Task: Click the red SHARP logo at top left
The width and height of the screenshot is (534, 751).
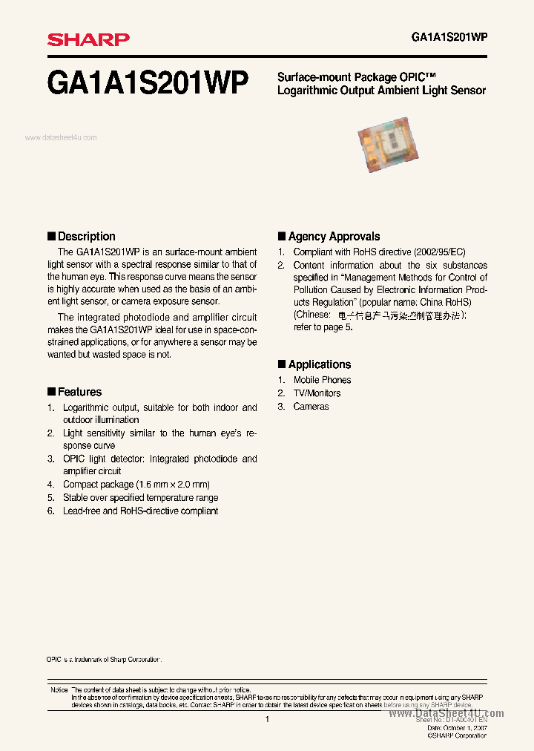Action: (88, 39)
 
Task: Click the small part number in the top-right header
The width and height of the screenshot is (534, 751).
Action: (448, 38)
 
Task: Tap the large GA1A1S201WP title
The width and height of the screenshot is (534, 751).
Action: (148, 82)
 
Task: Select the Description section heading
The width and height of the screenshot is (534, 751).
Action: (86, 236)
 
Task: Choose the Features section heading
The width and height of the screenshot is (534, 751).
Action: (79, 392)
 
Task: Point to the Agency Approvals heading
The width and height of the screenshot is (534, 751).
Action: (334, 236)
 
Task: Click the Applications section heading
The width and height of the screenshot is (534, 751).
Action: (320, 364)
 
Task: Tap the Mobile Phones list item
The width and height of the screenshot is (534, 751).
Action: (322, 380)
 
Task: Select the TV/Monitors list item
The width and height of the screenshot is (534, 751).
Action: (317, 393)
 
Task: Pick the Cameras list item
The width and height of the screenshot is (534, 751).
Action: (311, 407)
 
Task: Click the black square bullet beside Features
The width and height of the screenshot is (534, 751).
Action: (51, 391)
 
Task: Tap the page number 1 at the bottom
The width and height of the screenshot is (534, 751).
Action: (267, 719)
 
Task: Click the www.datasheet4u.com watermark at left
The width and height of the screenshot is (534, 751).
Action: (61, 137)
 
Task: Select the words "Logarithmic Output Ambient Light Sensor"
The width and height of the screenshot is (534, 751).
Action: (381, 91)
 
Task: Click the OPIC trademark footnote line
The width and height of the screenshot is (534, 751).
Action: (103, 659)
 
